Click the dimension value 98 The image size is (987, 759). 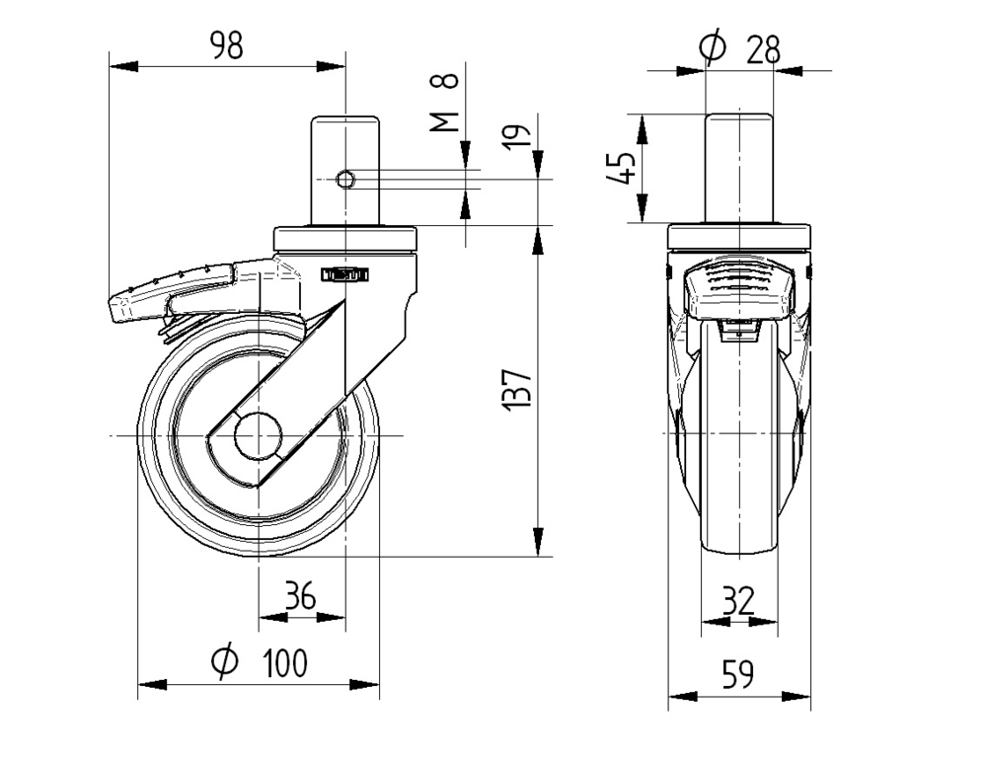pyautogui.click(x=226, y=46)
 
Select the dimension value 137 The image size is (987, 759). pyautogui.click(x=520, y=391)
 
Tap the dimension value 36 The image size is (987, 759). pyautogui.click(x=300, y=596)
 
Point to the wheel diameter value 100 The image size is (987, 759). pyautogui.click(x=285, y=663)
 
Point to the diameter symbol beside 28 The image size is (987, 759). pyautogui.click(x=712, y=46)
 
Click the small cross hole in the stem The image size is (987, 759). pyautogui.click(x=345, y=179)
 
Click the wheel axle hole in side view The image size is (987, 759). pyautogui.click(x=260, y=435)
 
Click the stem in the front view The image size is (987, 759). pyautogui.click(x=739, y=168)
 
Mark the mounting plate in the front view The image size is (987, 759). pyautogui.click(x=739, y=237)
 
